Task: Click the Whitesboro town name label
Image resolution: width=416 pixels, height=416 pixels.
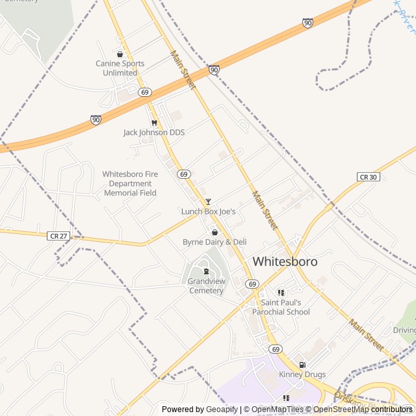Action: (285, 261)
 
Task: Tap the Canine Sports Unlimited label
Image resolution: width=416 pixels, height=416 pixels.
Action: (120, 68)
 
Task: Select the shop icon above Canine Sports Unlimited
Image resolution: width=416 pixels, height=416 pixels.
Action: (120, 54)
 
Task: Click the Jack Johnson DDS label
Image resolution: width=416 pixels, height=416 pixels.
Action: (154, 133)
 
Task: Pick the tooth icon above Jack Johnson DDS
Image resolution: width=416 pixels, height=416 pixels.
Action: (154, 123)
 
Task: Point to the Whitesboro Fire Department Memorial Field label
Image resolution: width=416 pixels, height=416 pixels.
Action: (131, 183)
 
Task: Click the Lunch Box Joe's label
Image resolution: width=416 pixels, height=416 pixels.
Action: (208, 211)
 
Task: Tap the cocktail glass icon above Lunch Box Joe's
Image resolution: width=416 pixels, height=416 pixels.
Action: (208, 202)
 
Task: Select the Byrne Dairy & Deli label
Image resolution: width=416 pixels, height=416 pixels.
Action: (214, 242)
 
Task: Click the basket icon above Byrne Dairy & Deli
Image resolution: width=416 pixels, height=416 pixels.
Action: (214, 232)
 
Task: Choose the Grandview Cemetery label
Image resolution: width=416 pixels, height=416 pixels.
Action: (206, 286)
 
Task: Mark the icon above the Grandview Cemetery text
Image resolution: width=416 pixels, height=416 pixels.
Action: (206, 271)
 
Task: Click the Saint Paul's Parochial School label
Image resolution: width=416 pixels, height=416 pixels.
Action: (285, 307)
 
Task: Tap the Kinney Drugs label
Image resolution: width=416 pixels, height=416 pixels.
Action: (302, 374)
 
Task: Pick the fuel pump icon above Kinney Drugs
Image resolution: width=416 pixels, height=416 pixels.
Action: (302, 365)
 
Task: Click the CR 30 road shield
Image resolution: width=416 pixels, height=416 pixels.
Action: (368, 177)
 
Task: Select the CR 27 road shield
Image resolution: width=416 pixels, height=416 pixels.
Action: (58, 236)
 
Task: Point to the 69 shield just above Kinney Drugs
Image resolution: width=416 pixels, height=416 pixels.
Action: (276, 349)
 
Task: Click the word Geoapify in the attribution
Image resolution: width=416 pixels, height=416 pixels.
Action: (222, 409)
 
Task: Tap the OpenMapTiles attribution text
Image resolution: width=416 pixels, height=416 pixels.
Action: (278, 409)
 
